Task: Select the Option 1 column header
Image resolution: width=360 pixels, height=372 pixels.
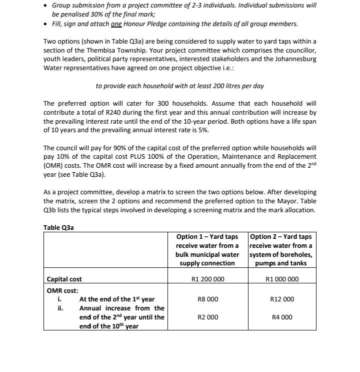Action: tap(207, 249)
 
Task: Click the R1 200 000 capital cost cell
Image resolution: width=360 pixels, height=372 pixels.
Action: tap(207, 279)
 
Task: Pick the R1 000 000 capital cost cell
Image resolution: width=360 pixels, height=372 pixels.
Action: tap(281, 279)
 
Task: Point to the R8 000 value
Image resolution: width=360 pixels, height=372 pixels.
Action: tap(207, 299)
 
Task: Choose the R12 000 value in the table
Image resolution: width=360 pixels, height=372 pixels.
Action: tap(282, 299)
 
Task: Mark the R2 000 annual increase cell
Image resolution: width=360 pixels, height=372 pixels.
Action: tap(207, 317)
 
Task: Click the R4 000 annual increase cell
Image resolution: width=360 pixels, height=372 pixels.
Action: tap(282, 317)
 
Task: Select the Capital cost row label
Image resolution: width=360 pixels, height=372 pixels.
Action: tap(64, 279)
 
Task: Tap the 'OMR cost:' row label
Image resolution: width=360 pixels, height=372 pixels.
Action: tap(62, 290)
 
